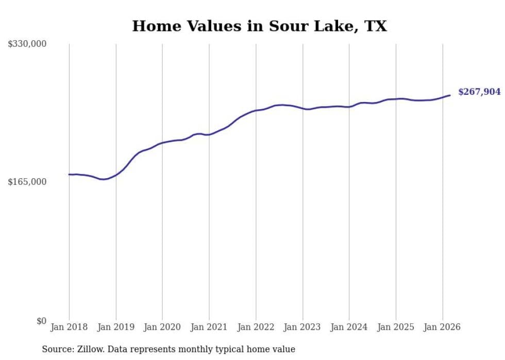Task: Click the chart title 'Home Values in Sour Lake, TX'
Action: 259,26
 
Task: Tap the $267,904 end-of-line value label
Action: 479,92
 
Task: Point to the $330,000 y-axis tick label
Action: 27,44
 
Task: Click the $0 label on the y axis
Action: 41,321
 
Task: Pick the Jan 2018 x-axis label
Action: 69,327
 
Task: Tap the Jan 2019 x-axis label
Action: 116,327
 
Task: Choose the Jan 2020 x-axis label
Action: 162,327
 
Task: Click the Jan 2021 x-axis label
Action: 209,327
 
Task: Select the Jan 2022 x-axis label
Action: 256,327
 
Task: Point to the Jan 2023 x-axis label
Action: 302,327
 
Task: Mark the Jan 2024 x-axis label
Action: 349,327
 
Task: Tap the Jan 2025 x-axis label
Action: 396,327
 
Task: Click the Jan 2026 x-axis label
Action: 442,327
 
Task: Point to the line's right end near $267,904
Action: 450,95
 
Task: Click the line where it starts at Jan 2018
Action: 70,175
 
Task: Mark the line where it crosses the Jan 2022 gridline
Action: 256,110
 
